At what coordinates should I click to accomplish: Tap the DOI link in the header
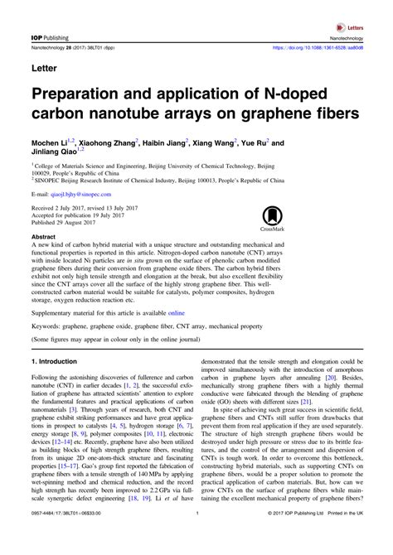tap(326, 48)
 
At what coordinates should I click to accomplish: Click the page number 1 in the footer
tap(196, 538)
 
